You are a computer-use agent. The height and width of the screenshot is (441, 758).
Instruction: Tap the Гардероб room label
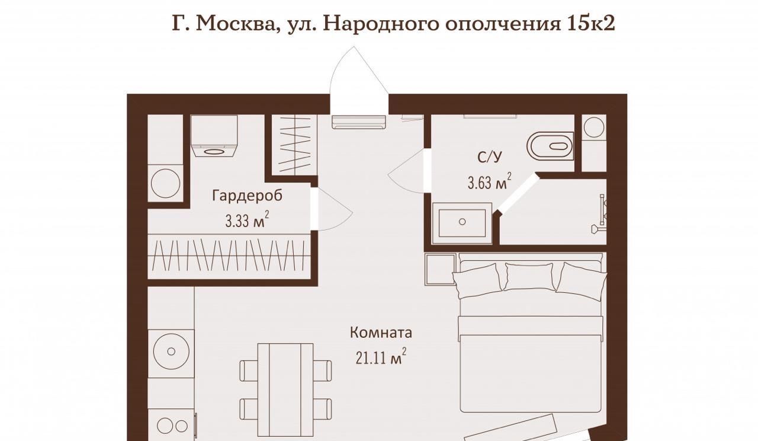[247, 196]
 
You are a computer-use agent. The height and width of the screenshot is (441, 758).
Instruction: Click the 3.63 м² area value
[489, 181]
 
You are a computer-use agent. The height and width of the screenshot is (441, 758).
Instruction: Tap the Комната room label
[381, 333]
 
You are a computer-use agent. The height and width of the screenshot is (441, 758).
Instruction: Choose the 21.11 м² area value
[381, 356]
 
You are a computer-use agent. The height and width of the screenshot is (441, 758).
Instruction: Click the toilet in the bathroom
[550, 146]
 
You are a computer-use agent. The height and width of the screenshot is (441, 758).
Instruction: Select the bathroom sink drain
[462, 222]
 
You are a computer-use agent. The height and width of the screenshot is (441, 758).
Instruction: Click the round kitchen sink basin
[171, 351]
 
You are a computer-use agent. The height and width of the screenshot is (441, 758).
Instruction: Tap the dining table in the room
[285, 390]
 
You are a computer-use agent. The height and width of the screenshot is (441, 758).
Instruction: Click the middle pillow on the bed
[530, 276]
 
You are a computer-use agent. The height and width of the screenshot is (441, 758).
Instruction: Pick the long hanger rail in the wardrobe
[229, 257]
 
